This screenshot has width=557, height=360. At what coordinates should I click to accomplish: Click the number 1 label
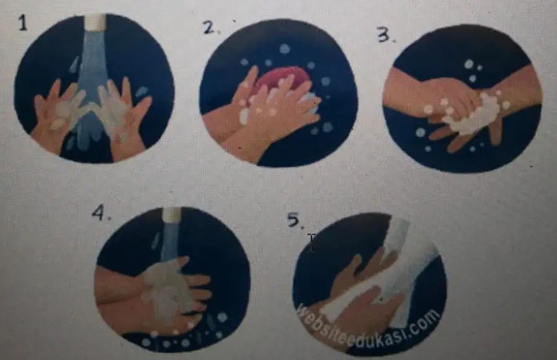tap(23, 24)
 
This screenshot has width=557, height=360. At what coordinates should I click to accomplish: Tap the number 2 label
tap(210, 28)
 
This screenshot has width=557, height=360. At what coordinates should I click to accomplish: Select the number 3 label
tap(385, 35)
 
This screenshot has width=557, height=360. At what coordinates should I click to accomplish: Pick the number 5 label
tap(295, 221)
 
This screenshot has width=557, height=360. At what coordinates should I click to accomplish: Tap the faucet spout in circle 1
tap(96, 22)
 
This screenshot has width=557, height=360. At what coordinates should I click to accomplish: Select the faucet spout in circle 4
tap(171, 215)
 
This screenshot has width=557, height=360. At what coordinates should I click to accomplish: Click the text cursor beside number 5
tap(312, 243)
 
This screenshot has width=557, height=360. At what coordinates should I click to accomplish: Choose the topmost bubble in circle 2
tap(285, 49)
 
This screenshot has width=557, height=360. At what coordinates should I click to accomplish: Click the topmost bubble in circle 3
tap(470, 64)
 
